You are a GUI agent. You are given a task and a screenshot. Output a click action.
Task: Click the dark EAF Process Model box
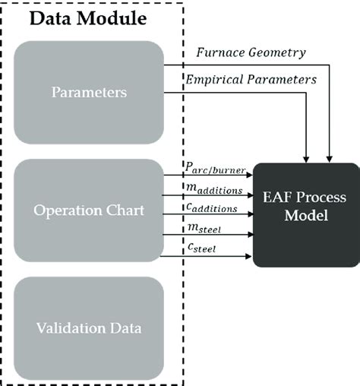click(305, 214)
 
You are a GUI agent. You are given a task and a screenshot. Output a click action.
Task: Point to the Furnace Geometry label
click(251, 52)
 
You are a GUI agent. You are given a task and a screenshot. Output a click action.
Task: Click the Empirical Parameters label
click(251, 78)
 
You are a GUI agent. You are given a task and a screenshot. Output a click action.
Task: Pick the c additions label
click(215, 208)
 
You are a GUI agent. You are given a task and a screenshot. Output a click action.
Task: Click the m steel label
click(204, 229)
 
